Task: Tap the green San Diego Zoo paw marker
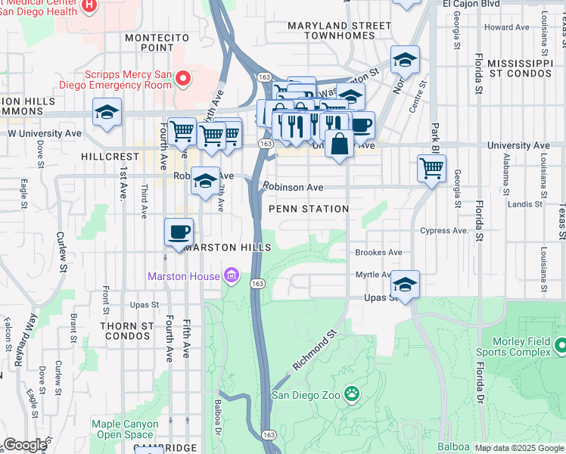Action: pos(351,393)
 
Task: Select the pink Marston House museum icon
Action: pos(232,276)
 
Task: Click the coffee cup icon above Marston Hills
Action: pos(179,232)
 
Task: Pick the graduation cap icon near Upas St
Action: pos(405,285)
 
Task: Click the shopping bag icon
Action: pos(339,143)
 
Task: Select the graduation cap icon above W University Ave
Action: pos(107,113)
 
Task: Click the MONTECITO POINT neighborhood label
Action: pos(150,42)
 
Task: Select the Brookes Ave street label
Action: pos(379,253)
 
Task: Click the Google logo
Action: pos(25,444)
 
